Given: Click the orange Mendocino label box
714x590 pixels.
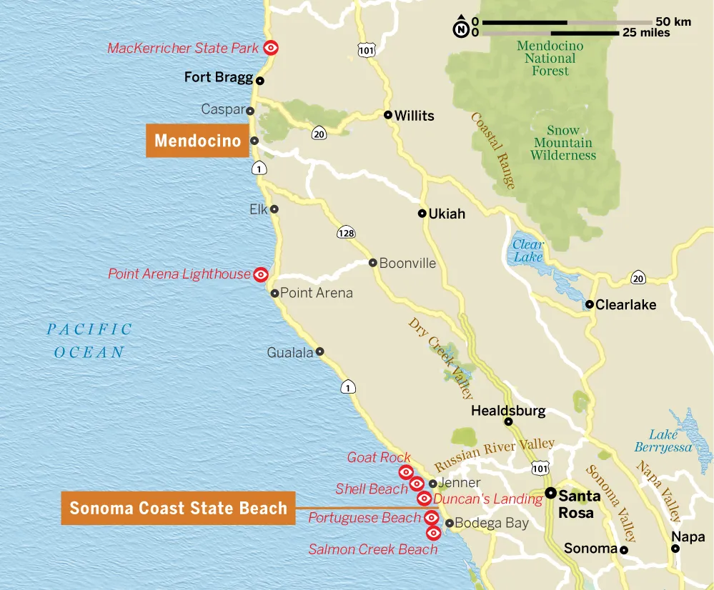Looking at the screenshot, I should pos(197,141).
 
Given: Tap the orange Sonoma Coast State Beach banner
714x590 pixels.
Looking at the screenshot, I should pos(178,509).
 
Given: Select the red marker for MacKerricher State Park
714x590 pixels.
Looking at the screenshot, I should pos(271,48).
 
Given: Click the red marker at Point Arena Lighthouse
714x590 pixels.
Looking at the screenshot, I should pos(261,274).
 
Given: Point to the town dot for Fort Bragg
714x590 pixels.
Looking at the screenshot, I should pos(260,81).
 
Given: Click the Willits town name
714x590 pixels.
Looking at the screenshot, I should pos(414,116).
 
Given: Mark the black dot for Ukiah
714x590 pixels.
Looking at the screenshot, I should pos(422,213).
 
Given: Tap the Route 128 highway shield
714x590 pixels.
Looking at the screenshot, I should pos(346,233).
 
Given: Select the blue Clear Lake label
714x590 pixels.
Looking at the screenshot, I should pos(528,251).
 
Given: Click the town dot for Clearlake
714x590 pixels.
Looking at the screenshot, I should pos(590,304).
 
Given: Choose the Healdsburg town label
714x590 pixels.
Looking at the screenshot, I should pos(508,411).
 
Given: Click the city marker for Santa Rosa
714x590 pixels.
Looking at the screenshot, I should pos(551,493).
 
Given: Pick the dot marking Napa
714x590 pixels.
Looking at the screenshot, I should pos(675,549).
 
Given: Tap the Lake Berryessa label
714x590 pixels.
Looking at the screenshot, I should pos(663,441).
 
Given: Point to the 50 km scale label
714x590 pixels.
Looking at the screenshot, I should pos(673,21).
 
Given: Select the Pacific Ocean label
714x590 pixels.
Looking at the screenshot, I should pos(89,341).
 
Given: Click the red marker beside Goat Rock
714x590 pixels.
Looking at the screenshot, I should pos(405,471).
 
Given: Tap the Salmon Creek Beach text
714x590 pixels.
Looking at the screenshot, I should pos(372,549).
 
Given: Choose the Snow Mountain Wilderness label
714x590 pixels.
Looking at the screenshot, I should pos(563,142).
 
